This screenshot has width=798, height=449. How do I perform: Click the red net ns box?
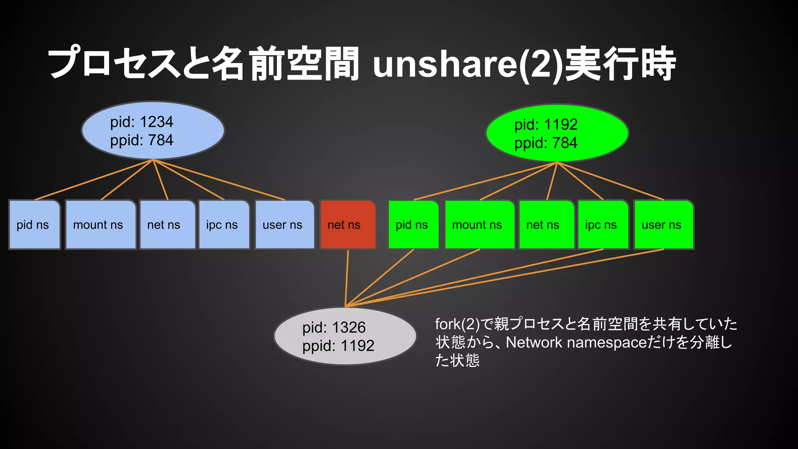click(348, 225)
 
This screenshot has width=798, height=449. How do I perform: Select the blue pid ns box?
click(34, 225)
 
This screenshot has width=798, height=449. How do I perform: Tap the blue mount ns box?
click(101, 225)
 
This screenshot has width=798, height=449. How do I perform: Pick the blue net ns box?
click(167, 225)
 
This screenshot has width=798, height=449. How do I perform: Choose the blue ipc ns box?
click(224, 225)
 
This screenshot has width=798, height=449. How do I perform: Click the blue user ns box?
click(284, 225)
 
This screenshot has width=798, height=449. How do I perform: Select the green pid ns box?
click(413, 225)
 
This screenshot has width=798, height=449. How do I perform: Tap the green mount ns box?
click(480, 225)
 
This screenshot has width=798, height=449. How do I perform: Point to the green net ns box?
click(546, 225)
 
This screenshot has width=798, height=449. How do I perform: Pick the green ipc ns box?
click(603, 225)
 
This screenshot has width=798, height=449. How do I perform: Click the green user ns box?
click(664, 225)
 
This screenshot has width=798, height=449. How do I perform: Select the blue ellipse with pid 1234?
click(153, 131)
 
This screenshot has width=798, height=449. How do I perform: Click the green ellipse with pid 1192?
click(557, 133)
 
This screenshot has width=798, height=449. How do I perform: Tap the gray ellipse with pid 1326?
click(345, 336)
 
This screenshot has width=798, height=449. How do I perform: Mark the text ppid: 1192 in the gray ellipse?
click(338, 346)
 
